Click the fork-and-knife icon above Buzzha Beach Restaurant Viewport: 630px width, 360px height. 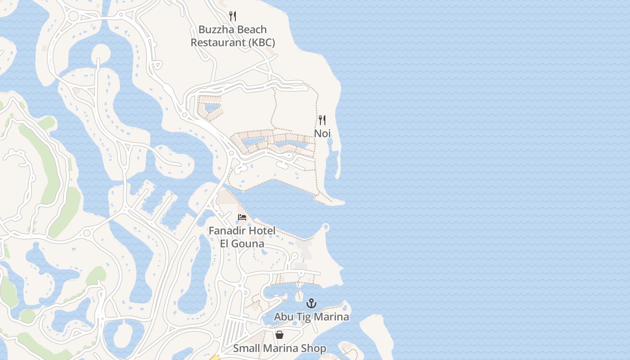click(x=233, y=16)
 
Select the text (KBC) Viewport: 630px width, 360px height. click(x=261, y=43)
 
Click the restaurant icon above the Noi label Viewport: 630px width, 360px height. click(x=322, y=120)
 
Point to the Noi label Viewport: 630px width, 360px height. click(x=322, y=134)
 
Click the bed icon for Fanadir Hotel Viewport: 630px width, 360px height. click(x=242, y=218)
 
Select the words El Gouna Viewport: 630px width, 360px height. click(x=242, y=244)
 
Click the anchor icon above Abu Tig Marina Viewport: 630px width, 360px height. click(x=311, y=304)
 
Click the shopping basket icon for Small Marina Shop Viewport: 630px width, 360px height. click(x=279, y=335)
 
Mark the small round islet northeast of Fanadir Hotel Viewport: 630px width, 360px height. click(x=326, y=227)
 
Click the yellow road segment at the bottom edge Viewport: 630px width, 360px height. click(x=215, y=358)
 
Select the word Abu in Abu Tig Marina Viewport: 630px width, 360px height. click(x=283, y=317)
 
